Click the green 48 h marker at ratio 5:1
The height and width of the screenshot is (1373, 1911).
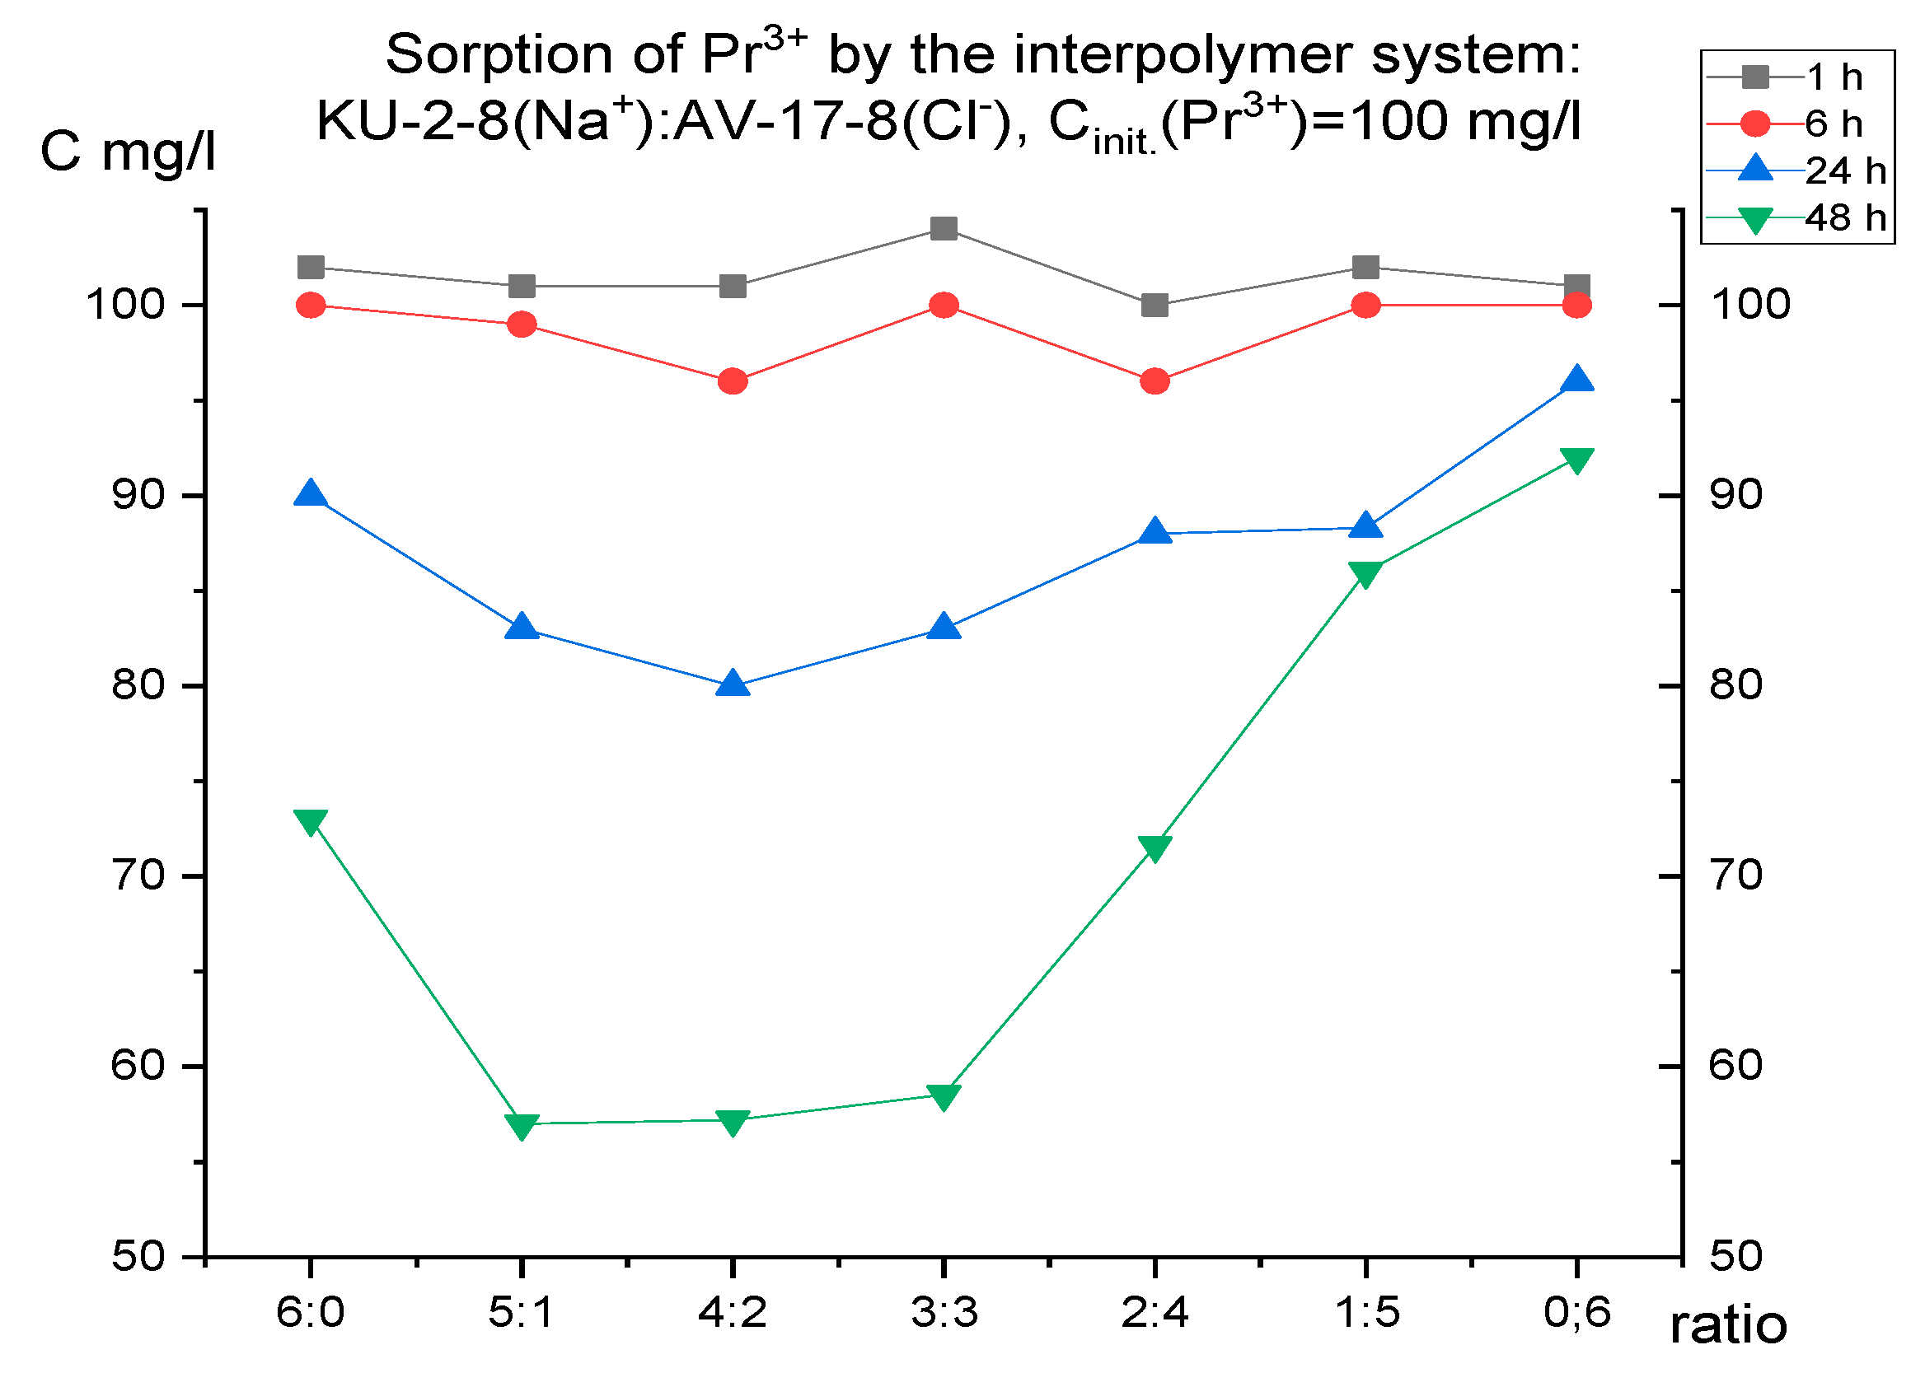522,1125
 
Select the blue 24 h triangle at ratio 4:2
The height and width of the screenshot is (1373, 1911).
733,684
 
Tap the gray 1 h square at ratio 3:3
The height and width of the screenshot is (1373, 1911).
944,228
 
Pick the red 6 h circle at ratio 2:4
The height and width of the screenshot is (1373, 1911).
1155,381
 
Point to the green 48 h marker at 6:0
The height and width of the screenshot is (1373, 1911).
311,821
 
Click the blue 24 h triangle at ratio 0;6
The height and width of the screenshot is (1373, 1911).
1576,380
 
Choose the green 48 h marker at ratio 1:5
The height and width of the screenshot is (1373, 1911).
1365,573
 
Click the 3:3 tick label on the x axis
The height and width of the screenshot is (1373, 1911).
944,1312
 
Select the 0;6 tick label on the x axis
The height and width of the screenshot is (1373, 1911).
1576,1312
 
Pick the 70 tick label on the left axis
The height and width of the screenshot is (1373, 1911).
138,876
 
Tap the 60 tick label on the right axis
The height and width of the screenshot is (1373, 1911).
1735,1066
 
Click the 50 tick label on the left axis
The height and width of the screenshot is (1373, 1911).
138,1256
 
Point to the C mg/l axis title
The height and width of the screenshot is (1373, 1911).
128,152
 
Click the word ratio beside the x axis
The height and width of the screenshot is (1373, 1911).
1728,1326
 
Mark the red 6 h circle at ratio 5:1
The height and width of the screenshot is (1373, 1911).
522,325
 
